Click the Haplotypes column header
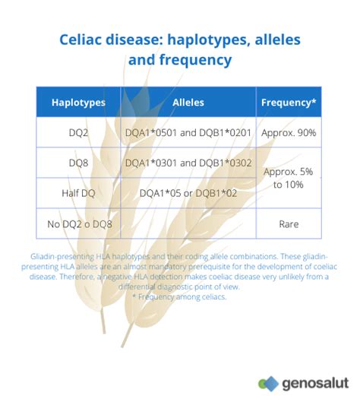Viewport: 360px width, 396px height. (78, 101)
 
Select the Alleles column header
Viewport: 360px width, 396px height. (188, 101)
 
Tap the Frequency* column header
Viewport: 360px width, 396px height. (289, 101)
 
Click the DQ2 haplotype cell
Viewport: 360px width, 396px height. (78, 132)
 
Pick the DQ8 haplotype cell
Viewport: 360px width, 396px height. (78, 163)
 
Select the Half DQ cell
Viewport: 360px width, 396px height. (78, 193)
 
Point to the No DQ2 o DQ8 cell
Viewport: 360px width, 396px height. (78, 224)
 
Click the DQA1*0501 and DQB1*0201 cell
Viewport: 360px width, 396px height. (188, 132)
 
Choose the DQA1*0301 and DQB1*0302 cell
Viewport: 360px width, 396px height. (188, 163)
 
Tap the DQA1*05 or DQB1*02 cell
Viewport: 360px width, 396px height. (188, 193)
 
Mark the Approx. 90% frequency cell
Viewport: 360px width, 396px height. (289, 132)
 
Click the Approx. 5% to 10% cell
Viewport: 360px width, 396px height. (289, 178)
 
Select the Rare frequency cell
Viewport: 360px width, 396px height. (289, 224)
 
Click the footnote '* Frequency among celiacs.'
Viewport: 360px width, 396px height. (180, 296)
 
